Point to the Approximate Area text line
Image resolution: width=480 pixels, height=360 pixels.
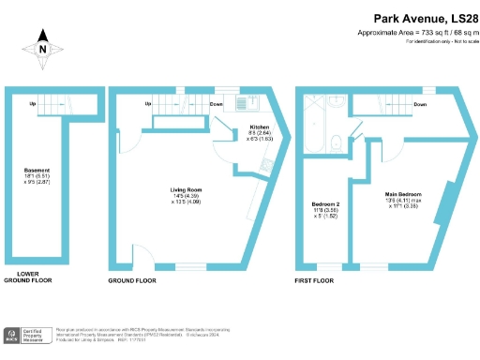pyautogui.click(x=412, y=32)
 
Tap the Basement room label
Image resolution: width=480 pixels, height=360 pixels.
pyautogui.click(x=37, y=174)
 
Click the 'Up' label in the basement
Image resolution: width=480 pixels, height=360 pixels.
pyautogui.click(x=33, y=104)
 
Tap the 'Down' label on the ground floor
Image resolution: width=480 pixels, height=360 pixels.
pyautogui.click(x=217, y=104)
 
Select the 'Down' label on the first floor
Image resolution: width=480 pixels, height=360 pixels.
pyautogui.click(x=420, y=104)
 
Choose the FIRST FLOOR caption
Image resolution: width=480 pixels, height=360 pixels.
pyautogui.click(x=315, y=280)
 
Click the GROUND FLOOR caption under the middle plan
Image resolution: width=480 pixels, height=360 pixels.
pyautogui.click(x=132, y=280)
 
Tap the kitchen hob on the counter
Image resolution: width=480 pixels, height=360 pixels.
pyautogui.click(x=262, y=164)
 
